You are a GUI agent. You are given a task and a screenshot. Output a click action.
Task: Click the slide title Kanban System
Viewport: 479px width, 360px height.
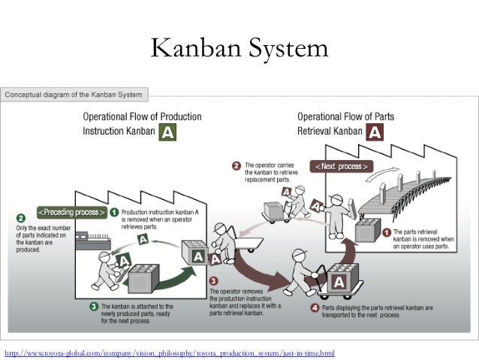[x=239, y=49]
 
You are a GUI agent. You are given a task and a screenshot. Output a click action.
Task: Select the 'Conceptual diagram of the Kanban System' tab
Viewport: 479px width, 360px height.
[x=77, y=95]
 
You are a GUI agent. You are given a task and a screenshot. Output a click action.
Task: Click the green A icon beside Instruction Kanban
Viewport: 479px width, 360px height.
[x=169, y=133]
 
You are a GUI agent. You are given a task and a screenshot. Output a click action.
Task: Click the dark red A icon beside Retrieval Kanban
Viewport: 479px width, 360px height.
[x=375, y=133]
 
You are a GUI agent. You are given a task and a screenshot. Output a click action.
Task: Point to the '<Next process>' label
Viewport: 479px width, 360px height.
[x=341, y=165]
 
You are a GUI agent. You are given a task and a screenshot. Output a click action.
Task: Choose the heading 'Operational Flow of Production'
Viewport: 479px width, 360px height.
[x=141, y=117]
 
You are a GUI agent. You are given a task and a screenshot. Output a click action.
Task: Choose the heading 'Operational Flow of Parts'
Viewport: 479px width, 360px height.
[x=346, y=117]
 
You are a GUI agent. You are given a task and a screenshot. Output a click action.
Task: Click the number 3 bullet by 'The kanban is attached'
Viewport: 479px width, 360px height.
[x=94, y=306]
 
